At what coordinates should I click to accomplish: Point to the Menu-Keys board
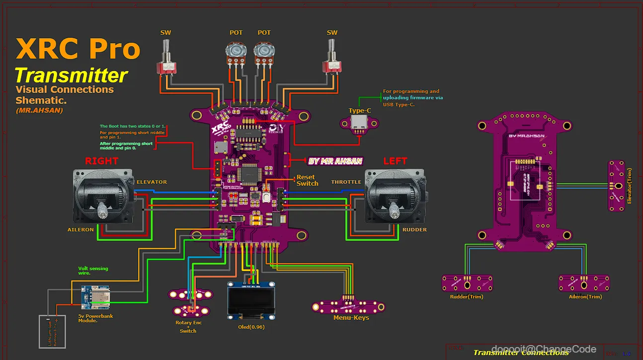[x=348, y=306]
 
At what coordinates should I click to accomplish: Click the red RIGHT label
[x=101, y=161]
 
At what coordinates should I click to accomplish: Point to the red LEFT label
[x=395, y=161]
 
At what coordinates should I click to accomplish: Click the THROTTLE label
[x=346, y=182]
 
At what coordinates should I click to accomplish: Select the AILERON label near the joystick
[x=80, y=230]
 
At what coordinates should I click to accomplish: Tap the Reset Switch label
[x=307, y=180]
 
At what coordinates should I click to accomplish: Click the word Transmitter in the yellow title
[x=71, y=75]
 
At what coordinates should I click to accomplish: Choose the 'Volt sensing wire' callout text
[x=93, y=271]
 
